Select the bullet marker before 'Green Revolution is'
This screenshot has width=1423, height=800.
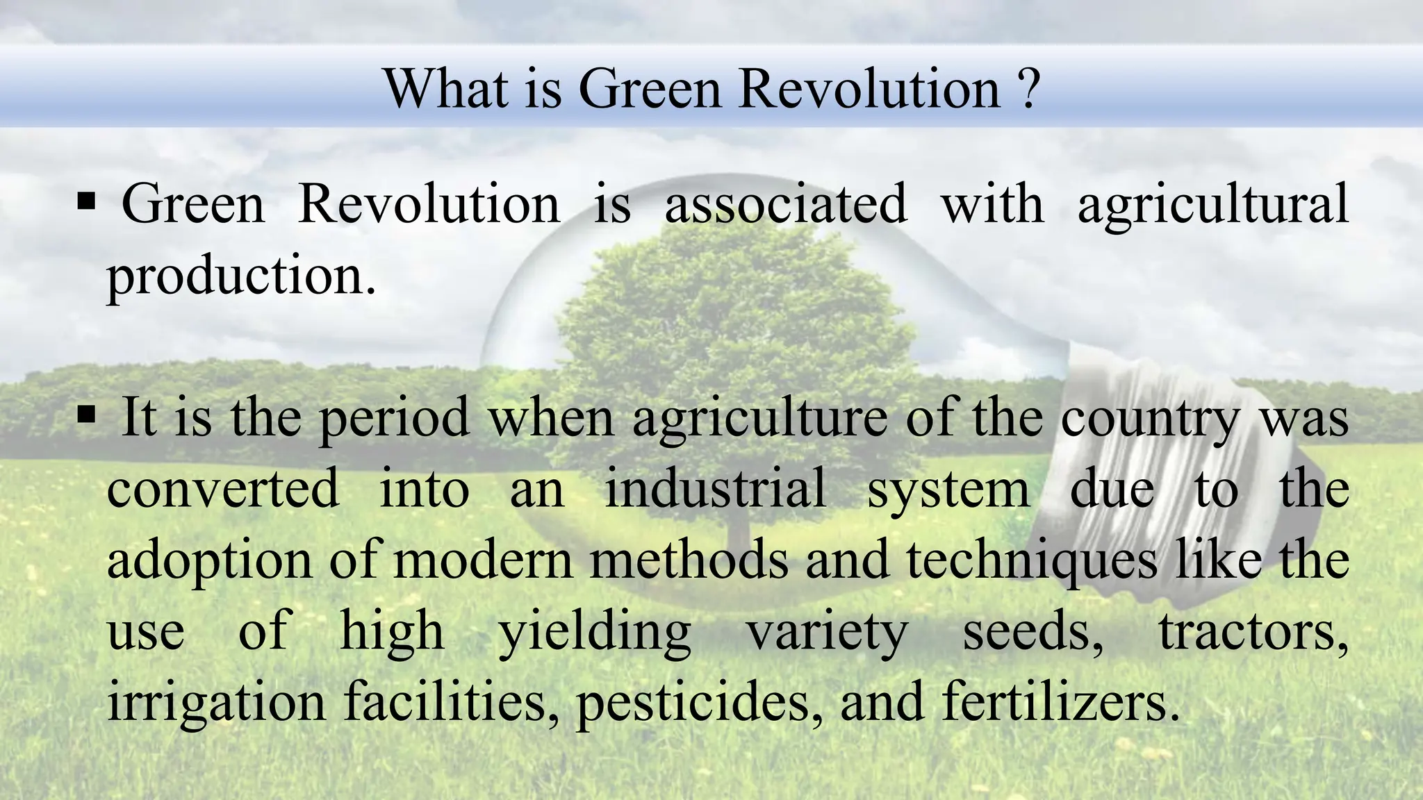coord(87,203)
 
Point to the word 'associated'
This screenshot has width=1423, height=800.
coord(786,204)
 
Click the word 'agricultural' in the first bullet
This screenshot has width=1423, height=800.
coord(1212,206)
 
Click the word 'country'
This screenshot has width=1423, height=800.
coord(1150,419)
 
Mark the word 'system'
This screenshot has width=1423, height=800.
coord(948,490)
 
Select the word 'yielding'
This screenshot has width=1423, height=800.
coord(595,633)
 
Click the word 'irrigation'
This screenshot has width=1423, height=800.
coord(216,703)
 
